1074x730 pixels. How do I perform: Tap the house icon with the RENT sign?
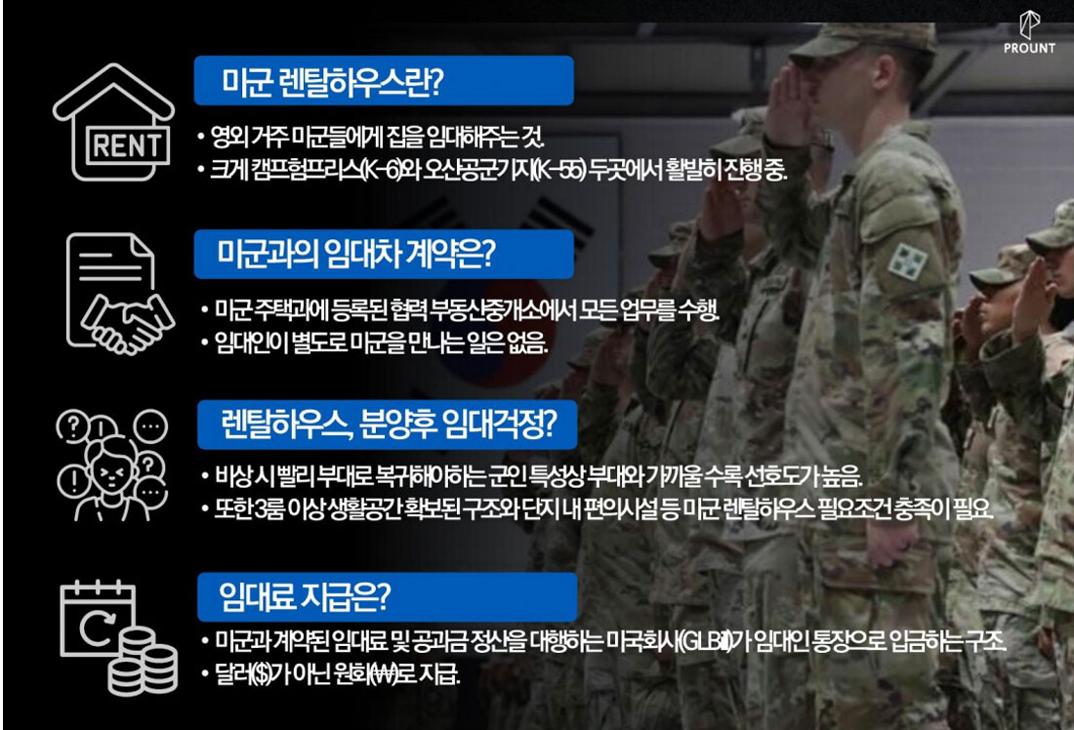[113, 122]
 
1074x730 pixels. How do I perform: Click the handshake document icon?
[119, 293]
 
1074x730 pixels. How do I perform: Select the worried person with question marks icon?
[111, 465]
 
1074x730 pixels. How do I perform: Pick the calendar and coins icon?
[118, 637]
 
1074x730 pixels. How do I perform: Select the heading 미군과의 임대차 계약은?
[355, 254]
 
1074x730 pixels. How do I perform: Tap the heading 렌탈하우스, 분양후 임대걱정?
[389, 424]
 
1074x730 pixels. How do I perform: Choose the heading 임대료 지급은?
[304, 595]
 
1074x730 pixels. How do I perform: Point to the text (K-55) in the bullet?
[558, 169]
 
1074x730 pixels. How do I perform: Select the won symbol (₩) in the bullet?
[383, 674]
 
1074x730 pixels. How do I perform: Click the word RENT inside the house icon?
[127, 145]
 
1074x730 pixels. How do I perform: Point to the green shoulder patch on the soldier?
[908, 263]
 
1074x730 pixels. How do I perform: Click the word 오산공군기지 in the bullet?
[476, 169]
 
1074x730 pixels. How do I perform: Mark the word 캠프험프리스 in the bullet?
[307, 169]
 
